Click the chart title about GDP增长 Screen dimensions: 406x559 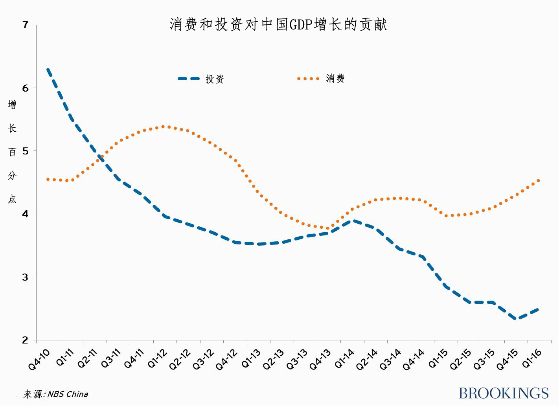coord(278,25)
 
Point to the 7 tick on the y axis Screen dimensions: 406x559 coord(26,25)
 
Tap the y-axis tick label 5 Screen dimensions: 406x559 coord(26,151)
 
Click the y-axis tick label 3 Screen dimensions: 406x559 coord(26,277)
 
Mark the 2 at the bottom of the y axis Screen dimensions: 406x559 coord(26,340)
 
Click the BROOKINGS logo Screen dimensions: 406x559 coord(503,393)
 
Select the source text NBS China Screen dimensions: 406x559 coord(68,394)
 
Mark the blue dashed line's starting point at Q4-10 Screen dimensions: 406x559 coord(48,69)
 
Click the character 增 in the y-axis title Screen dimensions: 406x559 coord(12,105)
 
